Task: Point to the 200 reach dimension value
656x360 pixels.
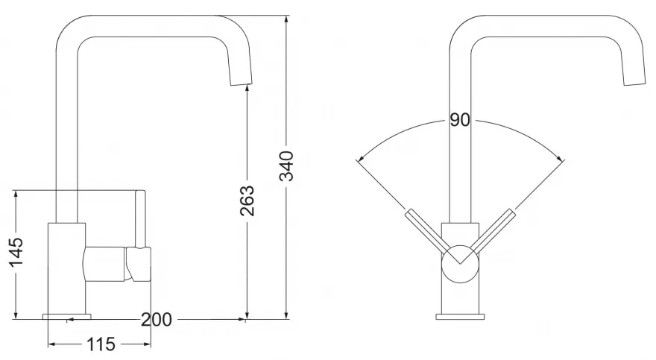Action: pos(156,320)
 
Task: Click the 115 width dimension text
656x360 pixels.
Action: pos(100,344)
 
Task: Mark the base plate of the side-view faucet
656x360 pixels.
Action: pos(67,316)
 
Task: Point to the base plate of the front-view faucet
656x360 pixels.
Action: pos(460,316)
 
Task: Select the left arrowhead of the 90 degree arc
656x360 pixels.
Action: pos(361,159)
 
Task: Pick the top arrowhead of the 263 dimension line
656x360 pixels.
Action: pos(247,87)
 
